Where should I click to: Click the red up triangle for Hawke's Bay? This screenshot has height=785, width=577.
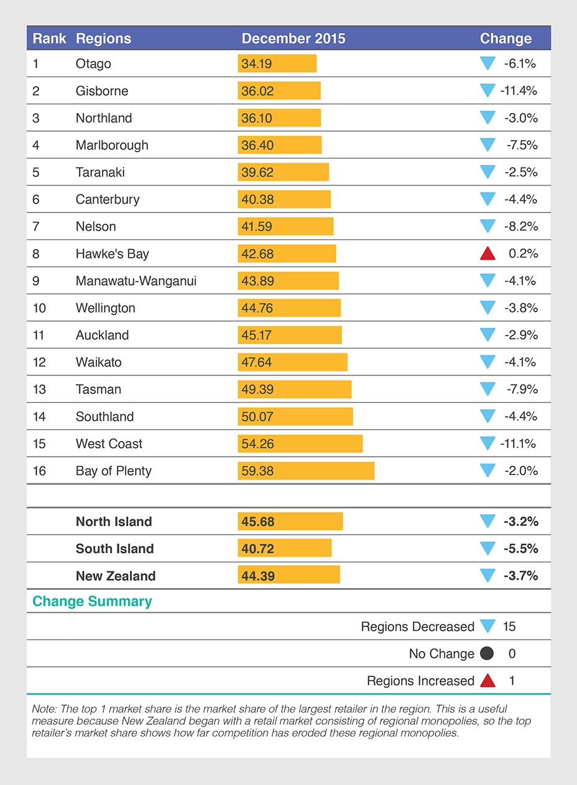pyautogui.click(x=487, y=253)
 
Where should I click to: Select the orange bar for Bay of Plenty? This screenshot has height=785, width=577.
pyautogui.click(x=306, y=471)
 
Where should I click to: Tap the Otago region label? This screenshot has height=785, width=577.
pyautogui.click(x=93, y=63)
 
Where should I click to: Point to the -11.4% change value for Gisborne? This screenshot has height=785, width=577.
pyautogui.click(x=518, y=91)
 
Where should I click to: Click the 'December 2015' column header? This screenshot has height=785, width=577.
pyautogui.click(x=293, y=39)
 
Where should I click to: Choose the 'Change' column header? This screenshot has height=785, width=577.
pyautogui.click(x=505, y=39)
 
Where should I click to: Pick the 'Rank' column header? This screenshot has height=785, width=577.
pyautogui.click(x=49, y=39)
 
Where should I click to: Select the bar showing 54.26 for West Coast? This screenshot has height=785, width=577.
pyautogui.click(x=300, y=443)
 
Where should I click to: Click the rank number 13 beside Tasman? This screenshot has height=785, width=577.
pyautogui.click(x=39, y=389)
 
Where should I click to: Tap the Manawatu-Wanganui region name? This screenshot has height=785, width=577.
pyautogui.click(x=136, y=281)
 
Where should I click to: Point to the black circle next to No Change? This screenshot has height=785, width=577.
pyautogui.click(x=487, y=653)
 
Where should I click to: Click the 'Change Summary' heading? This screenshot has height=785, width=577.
pyautogui.click(x=92, y=601)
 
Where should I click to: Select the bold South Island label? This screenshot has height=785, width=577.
pyautogui.click(x=114, y=549)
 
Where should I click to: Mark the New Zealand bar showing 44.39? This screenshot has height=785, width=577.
pyautogui.click(x=288, y=576)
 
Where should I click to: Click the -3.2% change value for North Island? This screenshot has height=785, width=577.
pyautogui.click(x=520, y=522)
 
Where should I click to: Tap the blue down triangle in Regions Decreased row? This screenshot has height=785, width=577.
pyautogui.click(x=487, y=626)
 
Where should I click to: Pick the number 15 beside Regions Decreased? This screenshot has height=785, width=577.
pyautogui.click(x=509, y=627)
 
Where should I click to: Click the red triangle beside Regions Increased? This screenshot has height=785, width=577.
pyautogui.click(x=487, y=681)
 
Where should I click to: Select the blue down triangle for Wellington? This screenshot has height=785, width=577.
pyautogui.click(x=487, y=307)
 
